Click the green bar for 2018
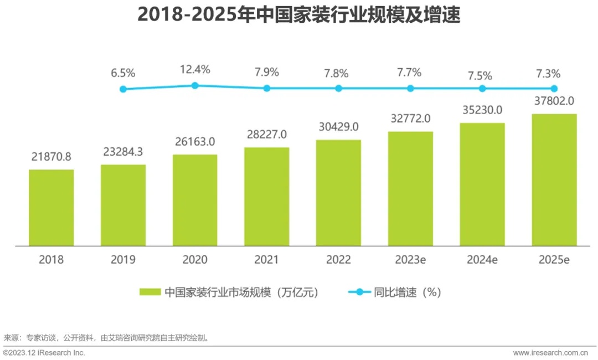click(x=51, y=207)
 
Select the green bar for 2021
click(x=266, y=196)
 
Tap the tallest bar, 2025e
click(x=554, y=179)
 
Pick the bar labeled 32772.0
click(x=410, y=188)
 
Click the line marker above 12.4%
click(x=195, y=85)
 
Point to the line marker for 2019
click(x=123, y=89)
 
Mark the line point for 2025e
click(x=554, y=88)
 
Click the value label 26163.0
click(x=195, y=141)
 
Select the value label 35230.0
click(x=482, y=110)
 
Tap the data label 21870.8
click(x=51, y=157)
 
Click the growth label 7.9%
click(x=266, y=73)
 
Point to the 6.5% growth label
click(x=123, y=73)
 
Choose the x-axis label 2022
click(x=338, y=260)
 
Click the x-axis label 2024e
click(x=482, y=260)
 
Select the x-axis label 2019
click(x=123, y=260)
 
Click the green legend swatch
click(x=150, y=292)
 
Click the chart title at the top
click(x=299, y=15)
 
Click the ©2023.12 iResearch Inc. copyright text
click(x=44, y=353)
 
